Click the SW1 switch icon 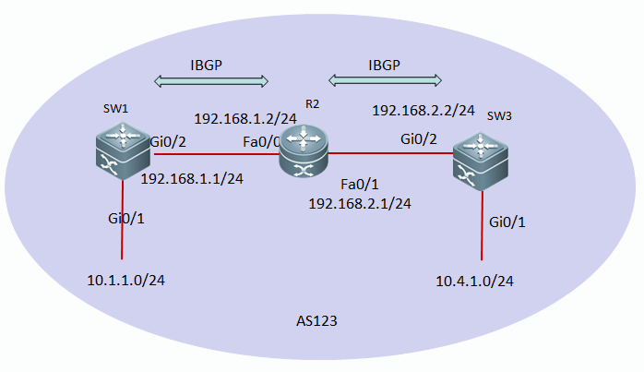(x=123, y=150)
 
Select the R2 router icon (x=304, y=151)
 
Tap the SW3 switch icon (x=481, y=162)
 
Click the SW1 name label (x=115, y=109)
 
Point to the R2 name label (x=312, y=104)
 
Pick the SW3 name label (x=499, y=116)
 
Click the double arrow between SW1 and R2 (x=211, y=81)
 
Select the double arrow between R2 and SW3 (x=386, y=80)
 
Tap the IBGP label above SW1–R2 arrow (x=206, y=65)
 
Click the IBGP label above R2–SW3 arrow (x=385, y=65)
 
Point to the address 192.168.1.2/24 (x=245, y=119)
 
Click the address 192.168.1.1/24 (x=192, y=179)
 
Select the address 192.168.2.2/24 (x=423, y=111)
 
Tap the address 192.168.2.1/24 (x=360, y=204)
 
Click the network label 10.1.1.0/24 (x=126, y=281)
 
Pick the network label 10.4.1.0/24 (x=474, y=282)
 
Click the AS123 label (x=316, y=321)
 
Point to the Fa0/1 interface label (x=360, y=185)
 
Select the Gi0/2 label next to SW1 (x=168, y=142)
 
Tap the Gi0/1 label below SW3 (x=507, y=222)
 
